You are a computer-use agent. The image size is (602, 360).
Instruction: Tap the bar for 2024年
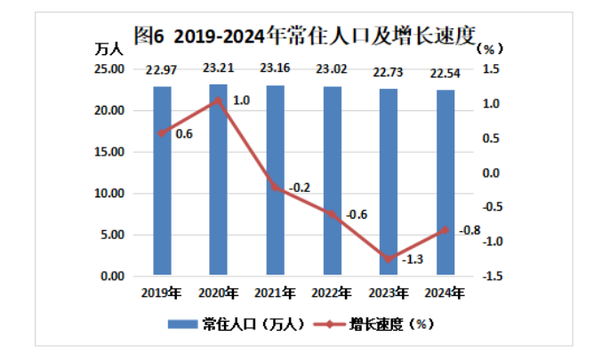445,182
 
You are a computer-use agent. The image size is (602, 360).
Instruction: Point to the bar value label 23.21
219,67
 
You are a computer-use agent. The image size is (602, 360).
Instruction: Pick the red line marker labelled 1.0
219,100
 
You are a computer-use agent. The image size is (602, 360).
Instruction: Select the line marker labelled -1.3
389,259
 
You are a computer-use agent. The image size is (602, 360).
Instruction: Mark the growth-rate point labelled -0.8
445,229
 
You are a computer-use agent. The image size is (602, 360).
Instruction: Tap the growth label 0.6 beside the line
184,133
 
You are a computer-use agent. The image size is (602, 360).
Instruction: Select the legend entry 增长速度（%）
374,323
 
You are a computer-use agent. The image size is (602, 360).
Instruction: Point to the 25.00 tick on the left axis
110,69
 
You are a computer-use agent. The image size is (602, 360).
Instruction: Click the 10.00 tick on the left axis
110,194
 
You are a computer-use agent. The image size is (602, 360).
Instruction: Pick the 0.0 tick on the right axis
494,172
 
